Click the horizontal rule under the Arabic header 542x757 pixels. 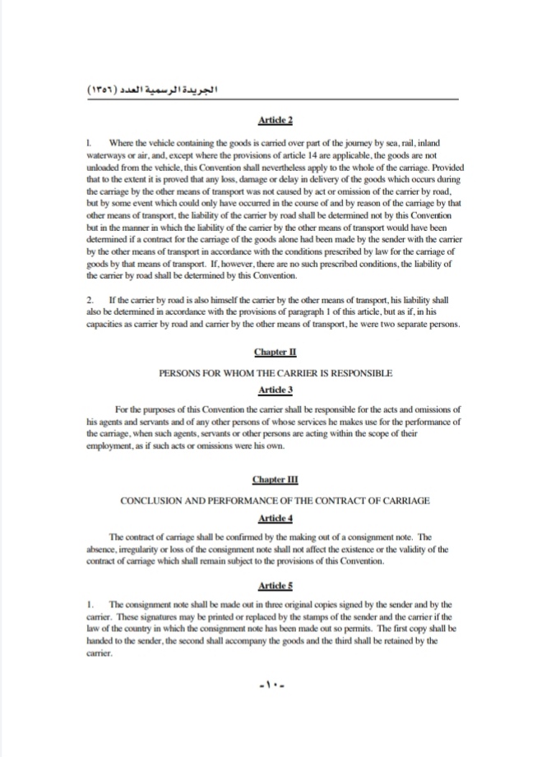pos(271,99)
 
